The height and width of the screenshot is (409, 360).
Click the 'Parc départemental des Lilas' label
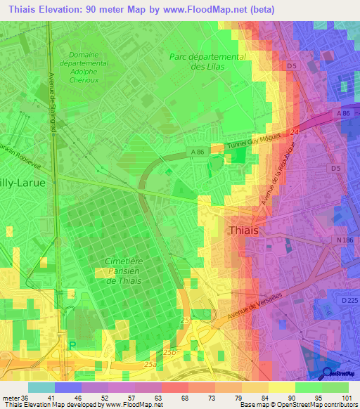point(207,61)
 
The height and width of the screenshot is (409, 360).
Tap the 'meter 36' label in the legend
point(13,398)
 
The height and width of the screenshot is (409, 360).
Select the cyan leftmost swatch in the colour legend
point(41,387)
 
